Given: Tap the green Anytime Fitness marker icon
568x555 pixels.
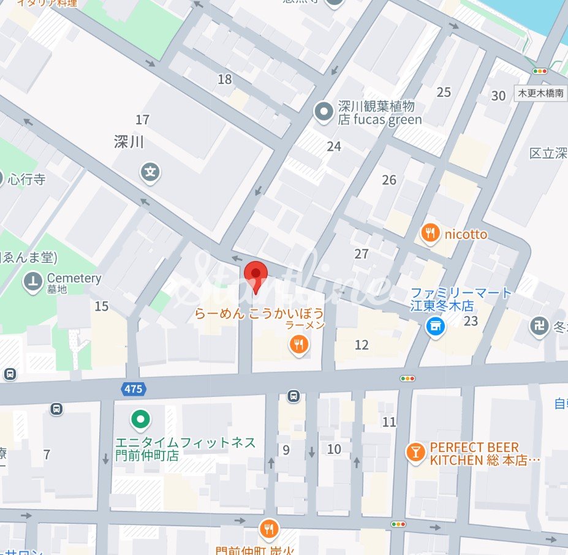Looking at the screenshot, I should (141, 420).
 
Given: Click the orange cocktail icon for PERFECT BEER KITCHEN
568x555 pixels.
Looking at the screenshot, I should (415, 453).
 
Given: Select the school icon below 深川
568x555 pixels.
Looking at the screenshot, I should (150, 172).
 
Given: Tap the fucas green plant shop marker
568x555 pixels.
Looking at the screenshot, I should (323, 111).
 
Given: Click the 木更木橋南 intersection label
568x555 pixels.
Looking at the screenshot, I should (540, 94).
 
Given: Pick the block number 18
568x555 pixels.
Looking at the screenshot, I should (225, 79).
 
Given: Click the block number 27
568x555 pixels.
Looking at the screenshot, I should (362, 254).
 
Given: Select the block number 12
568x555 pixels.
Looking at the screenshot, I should (362, 345).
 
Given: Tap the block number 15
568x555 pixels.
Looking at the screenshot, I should (102, 306).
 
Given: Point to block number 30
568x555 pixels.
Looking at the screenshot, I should (498, 96).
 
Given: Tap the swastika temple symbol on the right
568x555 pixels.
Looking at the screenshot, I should (539, 325).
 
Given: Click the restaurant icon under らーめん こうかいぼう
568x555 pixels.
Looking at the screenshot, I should (298, 345).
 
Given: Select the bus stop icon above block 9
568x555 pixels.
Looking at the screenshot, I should (294, 396).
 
